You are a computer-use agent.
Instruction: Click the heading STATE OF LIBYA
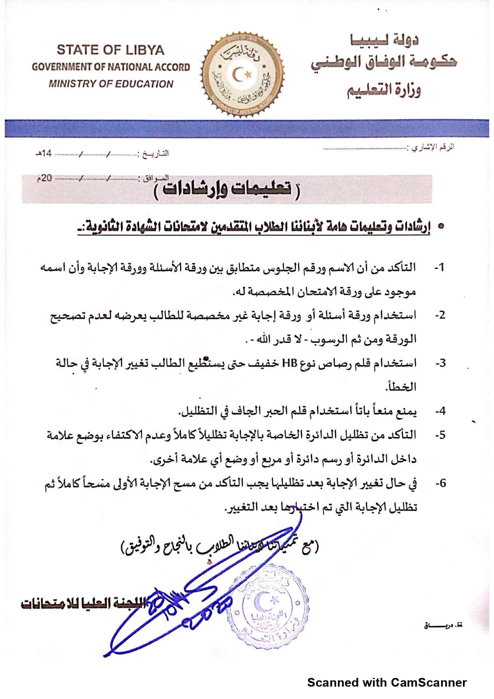pyautogui.click(x=110, y=50)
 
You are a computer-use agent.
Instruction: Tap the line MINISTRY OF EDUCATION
pyautogui.click(x=111, y=84)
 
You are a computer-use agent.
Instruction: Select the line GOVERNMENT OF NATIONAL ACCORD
pyautogui.click(x=111, y=67)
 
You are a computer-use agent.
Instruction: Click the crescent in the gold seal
pyautogui.click(x=239, y=74)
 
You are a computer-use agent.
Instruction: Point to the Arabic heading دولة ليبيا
pyautogui.click(x=384, y=39)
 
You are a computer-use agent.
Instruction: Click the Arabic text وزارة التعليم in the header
pyautogui.click(x=384, y=90)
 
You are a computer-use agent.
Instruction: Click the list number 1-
pyautogui.click(x=439, y=268)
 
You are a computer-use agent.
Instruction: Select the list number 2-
pyautogui.click(x=439, y=315)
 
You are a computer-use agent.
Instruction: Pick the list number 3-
pyautogui.click(x=440, y=363)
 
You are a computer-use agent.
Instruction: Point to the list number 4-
pyautogui.click(x=440, y=411)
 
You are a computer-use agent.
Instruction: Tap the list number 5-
pyautogui.click(x=440, y=435)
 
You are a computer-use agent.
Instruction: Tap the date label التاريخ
pyautogui.click(x=153, y=154)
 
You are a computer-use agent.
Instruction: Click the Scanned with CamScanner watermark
pyautogui.click(x=386, y=683)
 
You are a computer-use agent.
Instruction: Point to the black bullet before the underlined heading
pyautogui.click(x=441, y=226)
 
